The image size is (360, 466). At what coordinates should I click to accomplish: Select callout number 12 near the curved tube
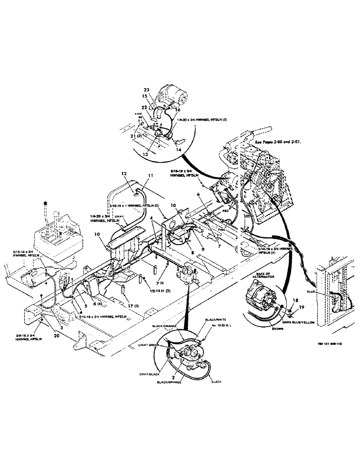pos(124,174)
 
